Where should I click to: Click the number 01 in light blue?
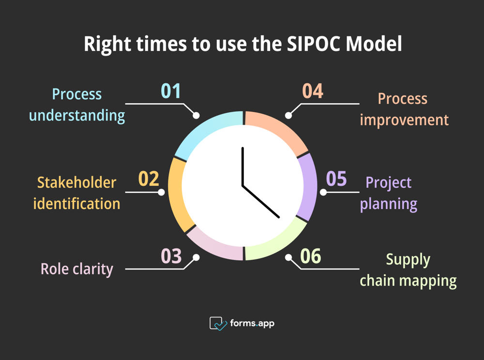click(171, 91)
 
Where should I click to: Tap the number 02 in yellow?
click(149, 179)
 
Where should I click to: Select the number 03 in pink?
click(171, 256)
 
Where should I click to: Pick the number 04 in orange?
click(313, 91)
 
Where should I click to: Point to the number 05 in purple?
click(336, 179)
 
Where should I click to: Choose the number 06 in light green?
click(311, 256)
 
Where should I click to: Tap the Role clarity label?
click(76, 269)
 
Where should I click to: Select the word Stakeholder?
click(76, 182)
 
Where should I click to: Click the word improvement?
click(404, 120)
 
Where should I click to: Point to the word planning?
click(388, 204)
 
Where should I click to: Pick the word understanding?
click(77, 115)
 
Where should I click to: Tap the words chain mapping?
click(408, 281)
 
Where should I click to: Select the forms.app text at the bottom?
click(252, 323)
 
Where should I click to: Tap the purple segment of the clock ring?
click(307, 186)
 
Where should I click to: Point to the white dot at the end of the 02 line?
click(162, 192)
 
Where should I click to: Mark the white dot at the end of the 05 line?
click(323, 192)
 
